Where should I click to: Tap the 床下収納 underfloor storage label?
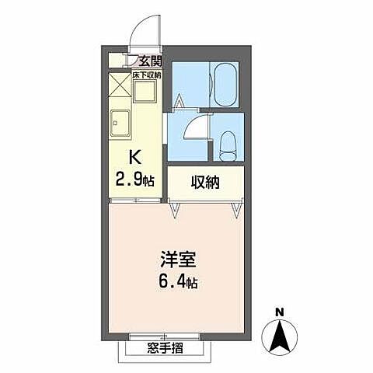(146, 75)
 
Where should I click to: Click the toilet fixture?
(227, 142)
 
